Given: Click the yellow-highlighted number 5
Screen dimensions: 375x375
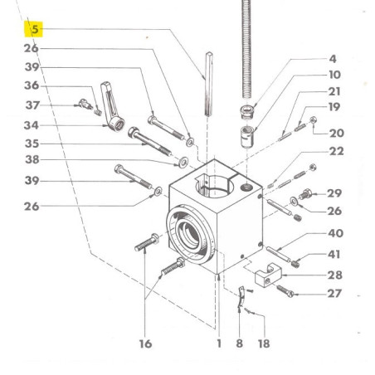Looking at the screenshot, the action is pyautogui.click(x=35, y=29).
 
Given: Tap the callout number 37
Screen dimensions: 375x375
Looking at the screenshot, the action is pyautogui.click(x=32, y=105).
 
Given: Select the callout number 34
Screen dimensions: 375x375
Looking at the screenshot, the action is pyautogui.click(x=31, y=125).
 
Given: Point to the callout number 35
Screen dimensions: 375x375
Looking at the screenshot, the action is pyautogui.click(x=32, y=144).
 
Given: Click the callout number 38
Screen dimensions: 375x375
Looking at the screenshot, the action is pyautogui.click(x=32, y=159).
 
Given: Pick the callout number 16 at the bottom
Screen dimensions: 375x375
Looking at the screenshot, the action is pyautogui.click(x=145, y=344).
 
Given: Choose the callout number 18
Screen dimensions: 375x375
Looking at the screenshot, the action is pyautogui.click(x=264, y=343).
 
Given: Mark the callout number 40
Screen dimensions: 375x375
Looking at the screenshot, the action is pyautogui.click(x=336, y=233).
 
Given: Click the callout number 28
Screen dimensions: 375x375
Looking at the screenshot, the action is pyautogui.click(x=335, y=275).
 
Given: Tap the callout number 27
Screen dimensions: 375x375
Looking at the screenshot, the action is pyautogui.click(x=334, y=294).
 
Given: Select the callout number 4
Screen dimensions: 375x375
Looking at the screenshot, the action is pyautogui.click(x=333, y=59).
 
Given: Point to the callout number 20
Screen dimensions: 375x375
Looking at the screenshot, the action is pyautogui.click(x=337, y=134).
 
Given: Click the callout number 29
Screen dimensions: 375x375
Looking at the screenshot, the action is pyautogui.click(x=334, y=193).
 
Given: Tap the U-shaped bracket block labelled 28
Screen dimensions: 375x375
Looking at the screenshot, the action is pyautogui.click(x=268, y=276).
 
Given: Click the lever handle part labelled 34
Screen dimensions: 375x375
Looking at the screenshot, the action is pyautogui.click(x=112, y=107).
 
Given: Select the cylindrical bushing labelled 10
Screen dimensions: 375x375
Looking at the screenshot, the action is pyautogui.click(x=247, y=137).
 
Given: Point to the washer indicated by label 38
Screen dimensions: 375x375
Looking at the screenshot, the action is pyautogui.click(x=183, y=162).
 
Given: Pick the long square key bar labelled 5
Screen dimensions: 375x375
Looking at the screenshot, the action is pyautogui.click(x=209, y=84).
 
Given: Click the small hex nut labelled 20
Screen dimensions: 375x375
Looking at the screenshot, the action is pyautogui.click(x=313, y=120).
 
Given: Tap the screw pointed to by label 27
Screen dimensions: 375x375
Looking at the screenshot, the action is pyautogui.click(x=285, y=291).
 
